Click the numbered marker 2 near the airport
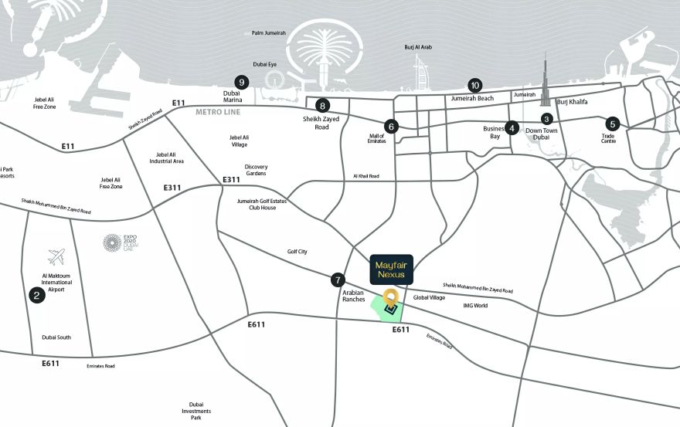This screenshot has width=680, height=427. point(35,294)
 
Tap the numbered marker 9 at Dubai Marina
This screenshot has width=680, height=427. point(242,82)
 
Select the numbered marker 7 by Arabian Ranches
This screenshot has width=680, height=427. point(337,280)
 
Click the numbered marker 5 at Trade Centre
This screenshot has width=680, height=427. point(613,124)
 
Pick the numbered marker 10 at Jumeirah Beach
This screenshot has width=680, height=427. point(474,86)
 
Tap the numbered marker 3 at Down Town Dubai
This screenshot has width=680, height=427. point(546,119)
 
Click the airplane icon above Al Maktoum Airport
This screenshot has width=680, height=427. point(56,256)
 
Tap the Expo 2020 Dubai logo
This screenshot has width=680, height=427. point(113,242)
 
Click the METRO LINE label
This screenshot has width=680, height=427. point(219,112)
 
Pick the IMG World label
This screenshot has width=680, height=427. point(475,306)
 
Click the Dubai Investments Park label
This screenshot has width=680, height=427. point(196,411)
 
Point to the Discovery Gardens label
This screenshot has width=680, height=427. point(256,170)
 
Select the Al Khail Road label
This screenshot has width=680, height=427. point(366,176)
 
